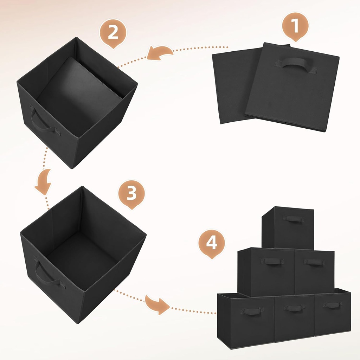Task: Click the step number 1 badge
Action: pyautogui.click(x=295, y=25)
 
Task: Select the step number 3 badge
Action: pyautogui.click(x=131, y=193)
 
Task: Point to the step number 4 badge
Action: pyautogui.click(x=211, y=243)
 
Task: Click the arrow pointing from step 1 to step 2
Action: pyautogui.click(x=160, y=53)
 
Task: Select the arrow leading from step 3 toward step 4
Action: pyautogui.click(x=157, y=304)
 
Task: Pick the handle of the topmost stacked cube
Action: pyautogui.click(x=293, y=219)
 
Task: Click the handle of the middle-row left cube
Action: pyautogui.click(x=272, y=261)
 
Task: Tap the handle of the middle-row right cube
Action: pyautogui.click(x=314, y=262)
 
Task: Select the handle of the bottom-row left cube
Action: pyautogui.click(x=252, y=311)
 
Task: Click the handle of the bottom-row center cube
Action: pyautogui.click(x=294, y=308)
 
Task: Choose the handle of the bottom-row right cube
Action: pyautogui.click(x=332, y=305)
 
